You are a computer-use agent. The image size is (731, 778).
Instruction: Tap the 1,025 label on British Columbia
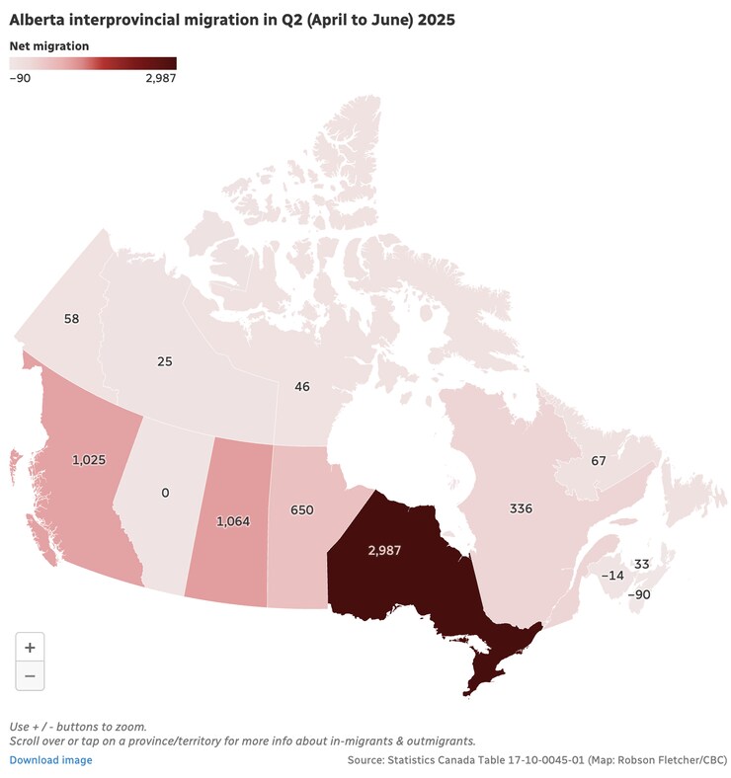coord(89,460)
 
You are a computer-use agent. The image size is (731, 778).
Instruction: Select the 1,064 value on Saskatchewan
coord(234,520)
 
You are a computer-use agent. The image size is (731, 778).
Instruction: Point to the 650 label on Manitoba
coord(302,509)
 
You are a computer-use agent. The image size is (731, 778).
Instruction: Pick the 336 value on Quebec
coord(521,508)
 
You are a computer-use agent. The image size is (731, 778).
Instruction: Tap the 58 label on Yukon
coord(71,319)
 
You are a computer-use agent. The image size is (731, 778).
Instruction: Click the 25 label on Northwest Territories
coord(165,361)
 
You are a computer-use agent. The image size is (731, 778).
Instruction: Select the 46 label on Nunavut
coord(302,386)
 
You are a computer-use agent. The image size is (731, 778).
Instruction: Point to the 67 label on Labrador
coord(599,461)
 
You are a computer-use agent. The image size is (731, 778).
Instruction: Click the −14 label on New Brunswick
coord(613,576)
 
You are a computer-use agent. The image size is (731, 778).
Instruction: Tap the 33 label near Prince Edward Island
coord(642,564)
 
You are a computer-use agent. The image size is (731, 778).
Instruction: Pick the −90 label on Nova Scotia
coord(639,594)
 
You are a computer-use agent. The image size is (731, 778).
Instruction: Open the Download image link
coord(51,760)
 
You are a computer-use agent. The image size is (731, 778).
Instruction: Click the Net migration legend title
coord(49,45)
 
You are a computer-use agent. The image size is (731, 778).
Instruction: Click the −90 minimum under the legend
coord(21,79)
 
